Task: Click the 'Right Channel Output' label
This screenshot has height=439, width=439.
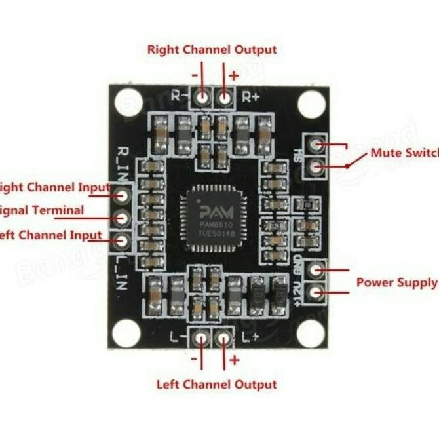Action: point(212,50)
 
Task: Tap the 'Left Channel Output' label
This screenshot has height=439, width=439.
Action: point(216,385)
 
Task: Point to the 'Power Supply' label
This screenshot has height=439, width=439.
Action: point(397,283)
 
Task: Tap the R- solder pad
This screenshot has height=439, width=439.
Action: point(202,98)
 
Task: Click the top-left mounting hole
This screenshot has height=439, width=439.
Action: point(128,103)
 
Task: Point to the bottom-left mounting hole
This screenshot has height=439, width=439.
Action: point(126,333)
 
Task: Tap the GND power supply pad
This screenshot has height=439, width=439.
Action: point(316,269)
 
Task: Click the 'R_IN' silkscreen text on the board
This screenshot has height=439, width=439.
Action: point(123,161)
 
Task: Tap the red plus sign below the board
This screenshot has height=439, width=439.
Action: point(234,360)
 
